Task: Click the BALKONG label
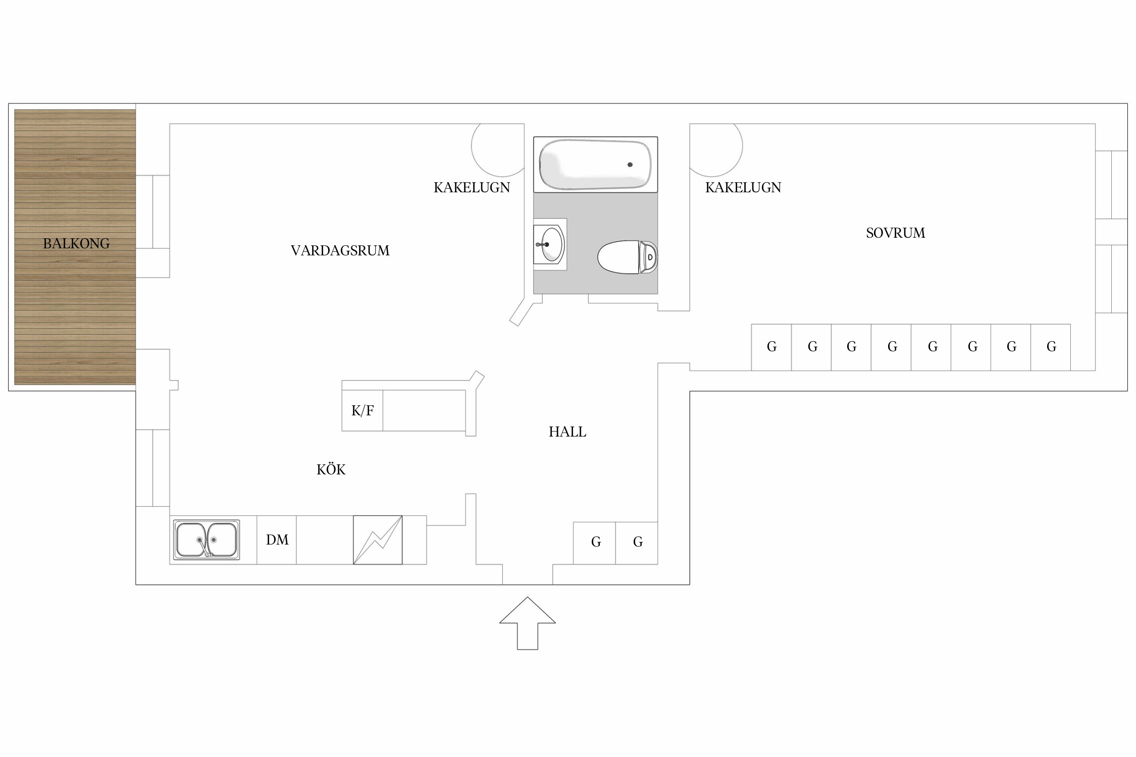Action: point(76,244)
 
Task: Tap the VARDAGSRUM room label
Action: point(340,251)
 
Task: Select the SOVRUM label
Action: point(896,233)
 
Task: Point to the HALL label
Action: point(567,432)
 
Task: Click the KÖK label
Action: point(331,469)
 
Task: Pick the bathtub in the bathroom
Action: point(596,165)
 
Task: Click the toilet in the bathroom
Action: point(628,257)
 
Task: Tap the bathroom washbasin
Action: point(550,244)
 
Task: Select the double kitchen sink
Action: point(206,540)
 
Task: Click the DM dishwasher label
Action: point(277,540)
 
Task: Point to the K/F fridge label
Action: point(363,411)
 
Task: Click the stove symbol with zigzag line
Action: point(378,540)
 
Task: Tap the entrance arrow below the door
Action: point(528,623)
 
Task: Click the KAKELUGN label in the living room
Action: point(472,188)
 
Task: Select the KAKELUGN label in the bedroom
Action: point(743,188)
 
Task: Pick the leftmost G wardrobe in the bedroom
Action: point(771,347)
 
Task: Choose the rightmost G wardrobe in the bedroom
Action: point(1051,347)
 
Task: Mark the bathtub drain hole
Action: point(630,165)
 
